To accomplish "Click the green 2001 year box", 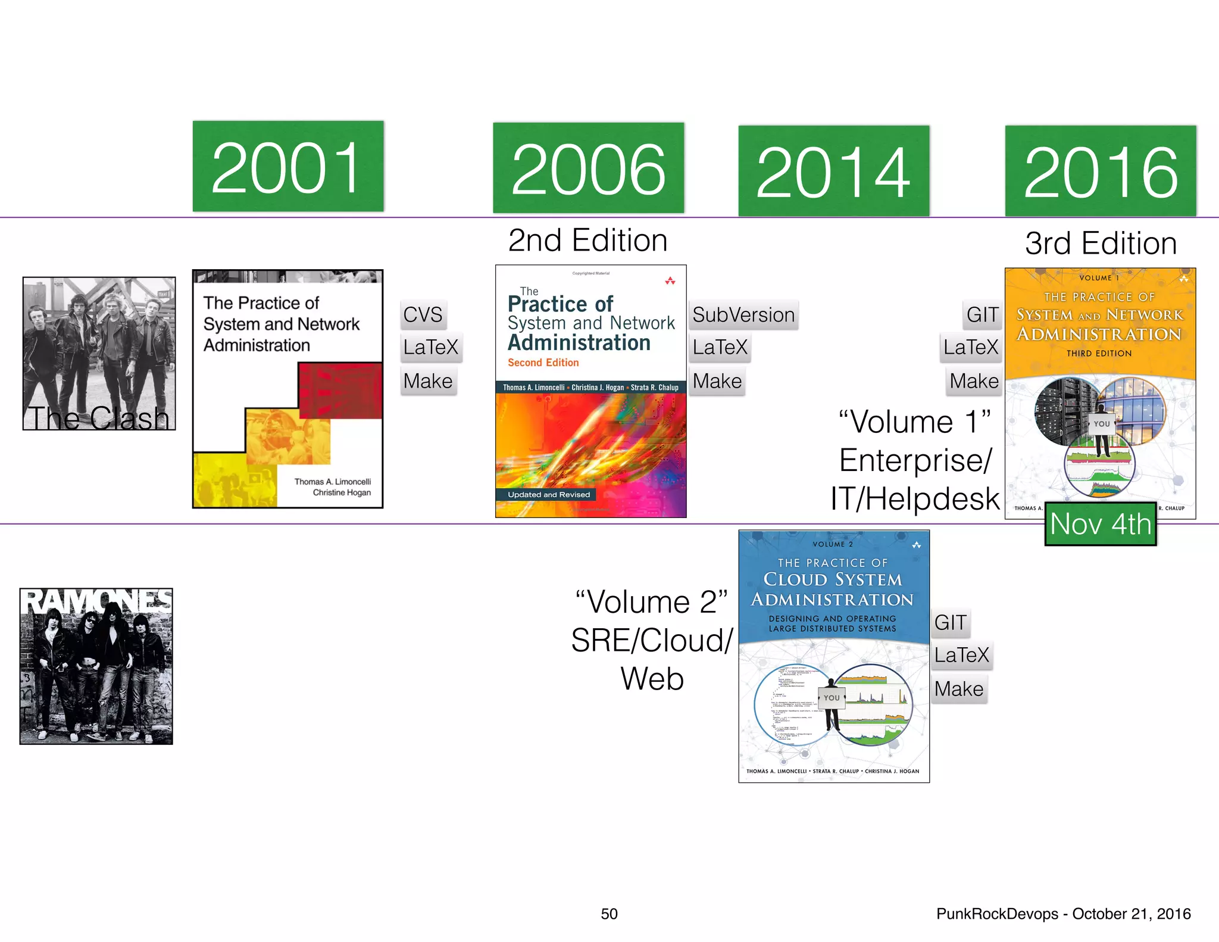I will pos(288,167).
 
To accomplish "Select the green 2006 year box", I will pos(588,169).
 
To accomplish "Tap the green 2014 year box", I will pos(833,171).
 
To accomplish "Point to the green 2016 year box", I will pos(1100,171).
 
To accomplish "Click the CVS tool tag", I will pos(423,314).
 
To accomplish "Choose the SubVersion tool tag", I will pos(743,314).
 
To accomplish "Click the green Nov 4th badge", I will pos(1101,524).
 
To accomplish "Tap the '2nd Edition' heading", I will pos(587,241).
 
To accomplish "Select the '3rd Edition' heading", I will pos(1101,244).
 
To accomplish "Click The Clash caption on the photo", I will pos(99,417).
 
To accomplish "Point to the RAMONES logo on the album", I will pos(96,601).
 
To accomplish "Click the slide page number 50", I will pos(609,913).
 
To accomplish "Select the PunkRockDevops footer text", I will pos(1063,913).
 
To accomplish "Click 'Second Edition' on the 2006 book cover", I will pos(543,363).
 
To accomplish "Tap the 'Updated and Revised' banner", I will pos(549,495).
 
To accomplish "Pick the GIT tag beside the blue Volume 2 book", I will pos(950,622).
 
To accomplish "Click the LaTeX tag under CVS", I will pos(430,347).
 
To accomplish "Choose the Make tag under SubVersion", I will pos(717,381).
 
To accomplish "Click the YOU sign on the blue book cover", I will pos(832,698).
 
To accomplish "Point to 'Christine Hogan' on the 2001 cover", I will pos(342,492).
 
